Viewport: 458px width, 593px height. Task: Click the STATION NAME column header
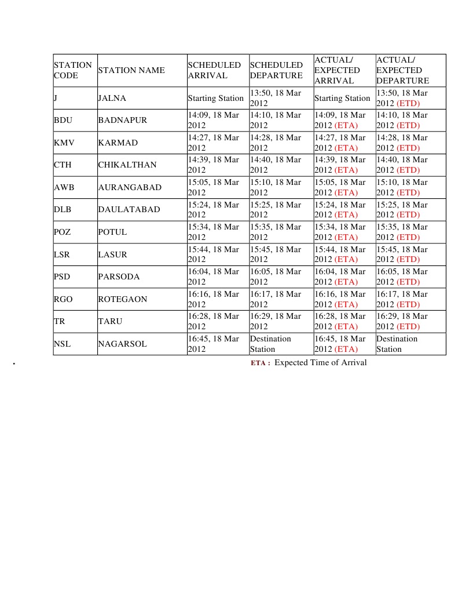[x=131, y=70]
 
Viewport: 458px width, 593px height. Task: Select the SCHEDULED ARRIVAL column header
[x=214, y=70]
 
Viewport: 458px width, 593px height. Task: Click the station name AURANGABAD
[x=130, y=187]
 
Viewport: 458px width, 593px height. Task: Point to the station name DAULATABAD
[x=129, y=209]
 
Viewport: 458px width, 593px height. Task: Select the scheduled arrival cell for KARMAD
[x=214, y=143]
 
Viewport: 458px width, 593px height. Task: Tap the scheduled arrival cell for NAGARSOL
[x=214, y=344]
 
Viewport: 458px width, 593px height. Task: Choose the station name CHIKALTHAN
[x=127, y=165]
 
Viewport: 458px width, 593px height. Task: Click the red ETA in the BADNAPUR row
[x=346, y=125]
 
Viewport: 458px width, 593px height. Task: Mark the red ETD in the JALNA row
[x=408, y=103]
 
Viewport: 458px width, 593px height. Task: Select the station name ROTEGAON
[x=123, y=299]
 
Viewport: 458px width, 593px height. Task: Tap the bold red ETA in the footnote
[x=260, y=363]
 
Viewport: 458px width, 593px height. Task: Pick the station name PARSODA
[x=119, y=277]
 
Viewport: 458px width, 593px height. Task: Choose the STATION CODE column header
[x=73, y=70]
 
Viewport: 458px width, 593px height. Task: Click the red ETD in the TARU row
[x=408, y=327]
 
